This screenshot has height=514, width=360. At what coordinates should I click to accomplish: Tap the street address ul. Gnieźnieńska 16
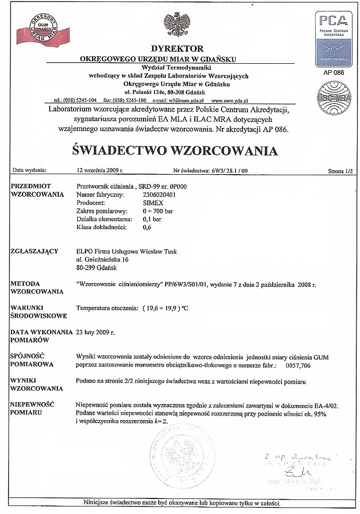(102, 260)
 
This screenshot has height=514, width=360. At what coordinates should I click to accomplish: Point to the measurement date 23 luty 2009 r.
(95, 332)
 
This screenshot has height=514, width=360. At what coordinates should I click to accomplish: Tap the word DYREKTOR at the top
(177, 49)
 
